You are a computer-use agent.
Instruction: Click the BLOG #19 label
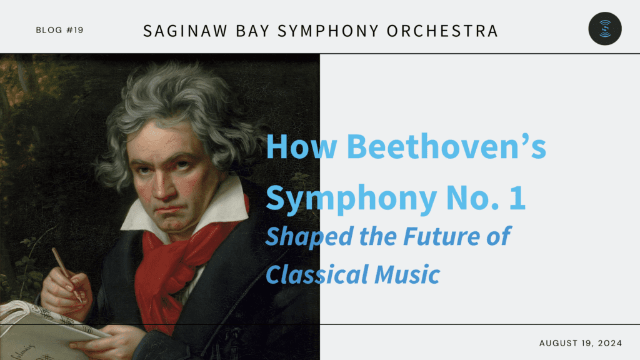59,30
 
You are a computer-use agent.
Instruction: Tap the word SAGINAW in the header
185,31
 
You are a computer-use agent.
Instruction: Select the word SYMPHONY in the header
328,31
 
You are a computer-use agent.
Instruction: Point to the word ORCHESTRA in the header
442,31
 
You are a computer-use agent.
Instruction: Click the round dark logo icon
605,29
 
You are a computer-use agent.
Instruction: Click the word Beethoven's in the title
446,146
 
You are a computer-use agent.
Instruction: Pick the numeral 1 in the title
517,197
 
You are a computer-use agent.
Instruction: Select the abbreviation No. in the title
472,197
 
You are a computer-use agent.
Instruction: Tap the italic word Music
407,274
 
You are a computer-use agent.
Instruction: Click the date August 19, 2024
581,343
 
